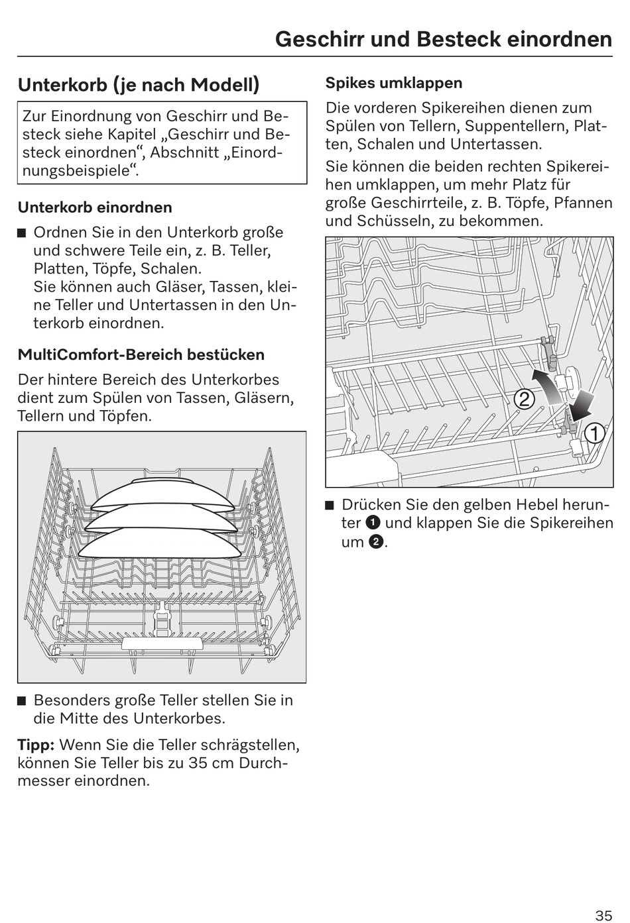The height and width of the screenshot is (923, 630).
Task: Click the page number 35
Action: [603, 915]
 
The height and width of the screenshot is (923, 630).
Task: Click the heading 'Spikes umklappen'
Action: [393, 83]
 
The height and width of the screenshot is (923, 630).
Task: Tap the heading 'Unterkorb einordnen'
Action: [95, 207]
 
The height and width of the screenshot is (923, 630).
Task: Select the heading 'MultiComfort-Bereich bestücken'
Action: [141, 354]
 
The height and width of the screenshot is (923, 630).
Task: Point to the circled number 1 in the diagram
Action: [594, 433]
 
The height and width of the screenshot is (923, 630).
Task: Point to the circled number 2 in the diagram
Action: [524, 399]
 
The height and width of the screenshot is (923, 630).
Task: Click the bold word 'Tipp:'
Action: [36, 745]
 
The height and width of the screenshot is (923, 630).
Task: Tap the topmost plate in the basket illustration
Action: [162, 491]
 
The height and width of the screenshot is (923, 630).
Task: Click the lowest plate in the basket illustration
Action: [160, 543]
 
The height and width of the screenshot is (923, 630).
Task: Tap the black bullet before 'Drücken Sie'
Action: [330, 506]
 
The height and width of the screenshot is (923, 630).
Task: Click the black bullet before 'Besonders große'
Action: [22, 701]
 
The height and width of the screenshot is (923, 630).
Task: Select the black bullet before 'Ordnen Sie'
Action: [22, 233]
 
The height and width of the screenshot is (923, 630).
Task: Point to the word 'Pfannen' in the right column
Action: [584, 203]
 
